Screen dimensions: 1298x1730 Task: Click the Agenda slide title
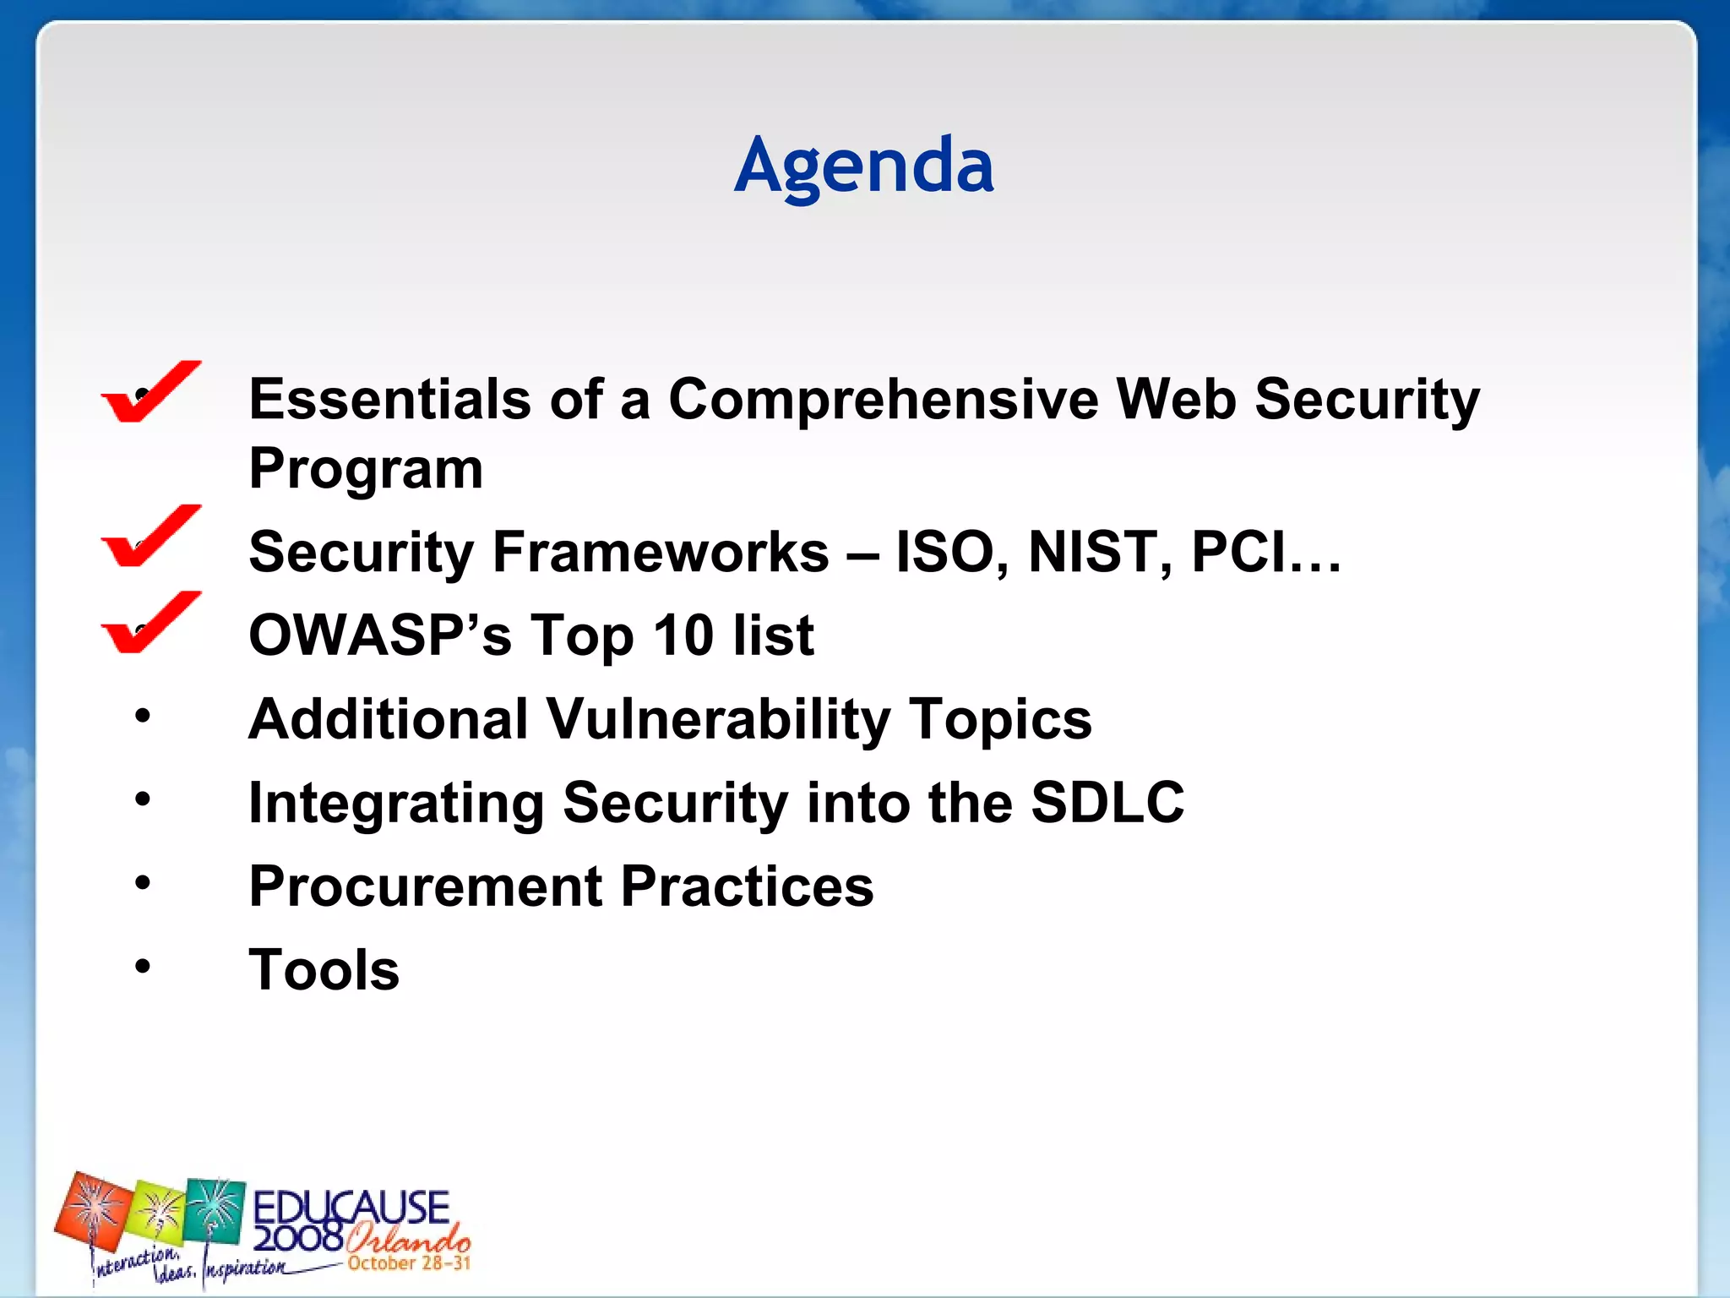coord(863,166)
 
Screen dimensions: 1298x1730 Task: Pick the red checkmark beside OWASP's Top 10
coord(150,623)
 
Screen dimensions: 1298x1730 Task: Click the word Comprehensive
coord(884,399)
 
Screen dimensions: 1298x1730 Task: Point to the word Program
coord(366,468)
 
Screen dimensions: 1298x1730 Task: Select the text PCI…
coord(1265,552)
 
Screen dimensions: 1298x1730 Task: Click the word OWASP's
coord(380,635)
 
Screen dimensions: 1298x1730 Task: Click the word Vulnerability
coord(718,720)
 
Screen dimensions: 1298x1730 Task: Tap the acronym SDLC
coord(1107,802)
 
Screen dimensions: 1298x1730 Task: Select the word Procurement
coord(426,886)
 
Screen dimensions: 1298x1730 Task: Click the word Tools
coord(324,969)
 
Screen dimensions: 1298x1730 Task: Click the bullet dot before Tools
coord(142,965)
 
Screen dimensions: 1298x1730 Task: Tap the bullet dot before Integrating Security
coord(142,798)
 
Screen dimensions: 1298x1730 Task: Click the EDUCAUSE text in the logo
coord(351,1206)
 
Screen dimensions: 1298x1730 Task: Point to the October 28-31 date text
coord(409,1263)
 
